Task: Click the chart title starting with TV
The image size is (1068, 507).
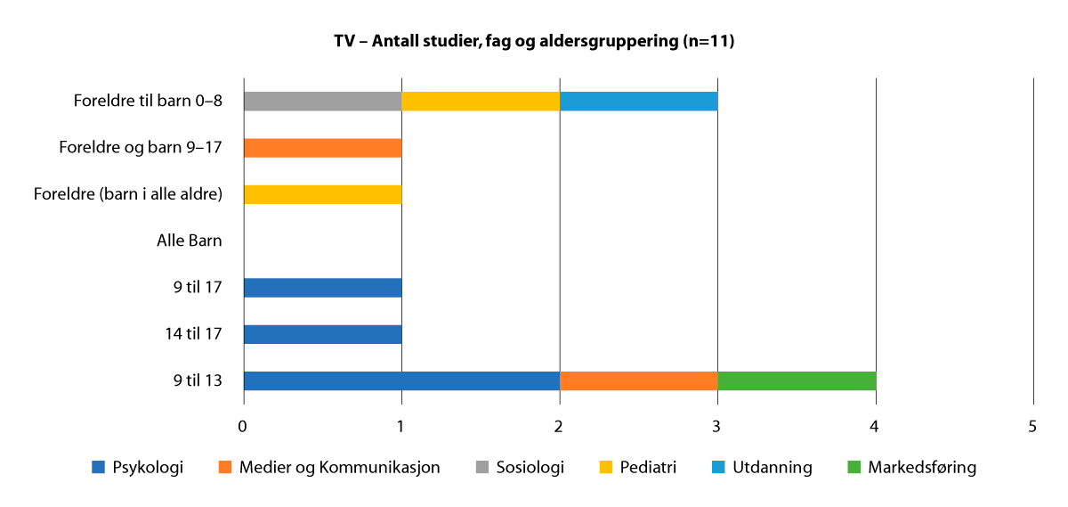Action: tap(534, 42)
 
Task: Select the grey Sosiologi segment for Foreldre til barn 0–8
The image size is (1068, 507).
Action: tap(322, 101)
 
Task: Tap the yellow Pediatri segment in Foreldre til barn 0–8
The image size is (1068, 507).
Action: tap(481, 101)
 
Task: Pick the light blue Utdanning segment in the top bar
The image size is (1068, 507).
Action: tap(638, 101)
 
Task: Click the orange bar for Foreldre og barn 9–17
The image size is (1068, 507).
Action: tap(322, 148)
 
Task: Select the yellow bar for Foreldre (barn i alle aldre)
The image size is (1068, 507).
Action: tap(322, 194)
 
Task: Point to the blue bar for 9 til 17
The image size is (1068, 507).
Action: tap(322, 288)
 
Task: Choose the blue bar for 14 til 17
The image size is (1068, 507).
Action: tap(322, 334)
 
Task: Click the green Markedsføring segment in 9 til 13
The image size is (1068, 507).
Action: tap(797, 381)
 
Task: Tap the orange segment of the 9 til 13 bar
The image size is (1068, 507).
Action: tap(638, 381)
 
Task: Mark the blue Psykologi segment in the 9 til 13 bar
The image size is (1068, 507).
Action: tap(401, 381)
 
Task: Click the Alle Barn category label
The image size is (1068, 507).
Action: tap(190, 241)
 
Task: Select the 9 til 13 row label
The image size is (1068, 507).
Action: tap(198, 381)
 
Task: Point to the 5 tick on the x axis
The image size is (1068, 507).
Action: tap(1033, 427)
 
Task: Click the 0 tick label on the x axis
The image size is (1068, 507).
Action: tap(243, 427)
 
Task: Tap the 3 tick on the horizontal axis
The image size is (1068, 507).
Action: tap(717, 427)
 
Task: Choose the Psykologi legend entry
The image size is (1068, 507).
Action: tap(138, 468)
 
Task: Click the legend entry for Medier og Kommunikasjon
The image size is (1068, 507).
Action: tap(329, 468)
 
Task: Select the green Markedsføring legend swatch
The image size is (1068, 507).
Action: tap(854, 468)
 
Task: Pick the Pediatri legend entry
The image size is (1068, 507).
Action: tap(637, 468)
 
